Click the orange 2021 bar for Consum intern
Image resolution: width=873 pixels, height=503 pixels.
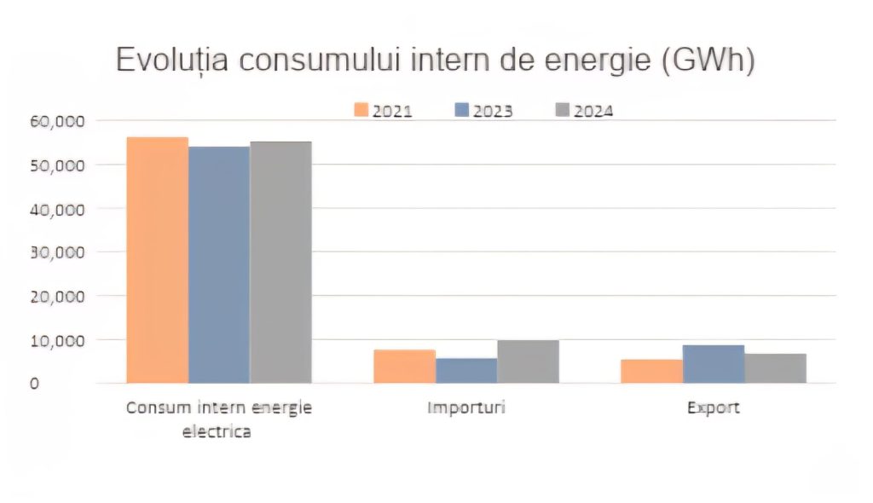157,260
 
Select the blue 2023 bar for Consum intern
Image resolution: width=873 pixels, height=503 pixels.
219,265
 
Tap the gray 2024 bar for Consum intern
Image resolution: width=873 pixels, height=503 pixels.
280,263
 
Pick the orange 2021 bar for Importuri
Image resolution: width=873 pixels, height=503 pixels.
404,367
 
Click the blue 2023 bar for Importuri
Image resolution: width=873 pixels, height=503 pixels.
466,371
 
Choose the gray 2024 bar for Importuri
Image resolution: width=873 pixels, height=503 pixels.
528,361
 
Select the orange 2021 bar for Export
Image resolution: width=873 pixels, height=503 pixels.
651,372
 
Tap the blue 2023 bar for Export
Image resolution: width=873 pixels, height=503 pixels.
714,364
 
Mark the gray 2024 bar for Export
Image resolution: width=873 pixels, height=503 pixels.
775,368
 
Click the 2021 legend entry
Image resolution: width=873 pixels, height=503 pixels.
383,111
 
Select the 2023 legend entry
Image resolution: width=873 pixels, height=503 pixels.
483,111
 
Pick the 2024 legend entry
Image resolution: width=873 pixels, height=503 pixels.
584,111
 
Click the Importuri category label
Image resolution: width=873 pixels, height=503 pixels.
466,408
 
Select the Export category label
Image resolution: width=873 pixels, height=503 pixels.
714,408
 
